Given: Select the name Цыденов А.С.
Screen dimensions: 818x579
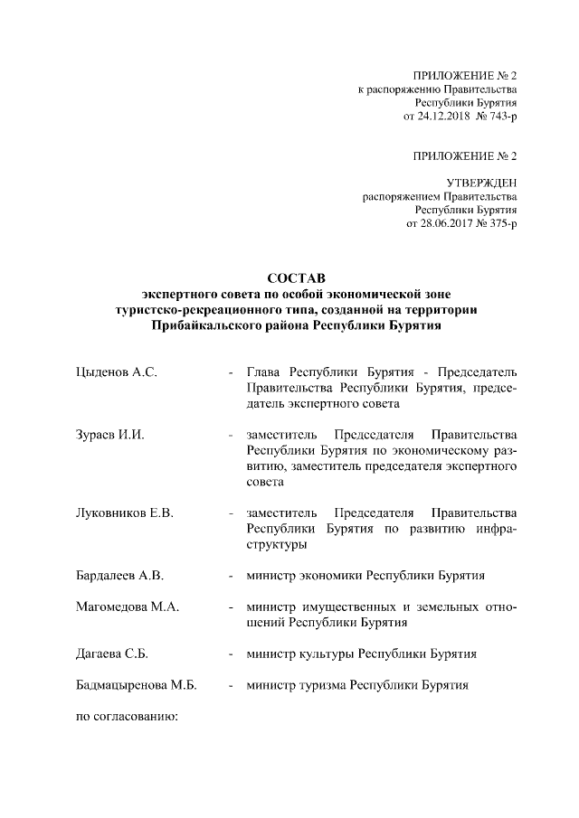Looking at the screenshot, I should [x=117, y=372].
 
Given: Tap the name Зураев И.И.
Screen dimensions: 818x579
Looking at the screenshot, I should [x=110, y=434].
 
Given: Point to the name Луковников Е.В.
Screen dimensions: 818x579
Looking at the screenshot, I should [x=124, y=512].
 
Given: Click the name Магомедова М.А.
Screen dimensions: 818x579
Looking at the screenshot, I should [x=127, y=606].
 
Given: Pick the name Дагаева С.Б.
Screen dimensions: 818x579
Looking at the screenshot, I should [x=113, y=653].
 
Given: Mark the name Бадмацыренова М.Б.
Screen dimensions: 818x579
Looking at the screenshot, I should [x=137, y=685].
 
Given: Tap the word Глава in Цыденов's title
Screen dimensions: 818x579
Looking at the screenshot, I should [x=266, y=372].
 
